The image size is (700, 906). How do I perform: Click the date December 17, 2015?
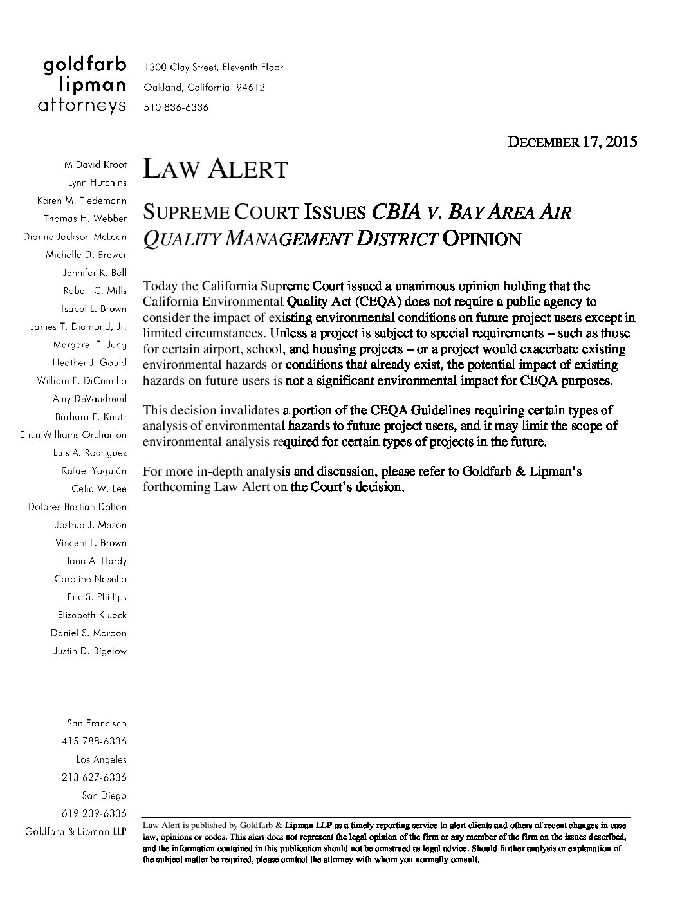pos(573,142)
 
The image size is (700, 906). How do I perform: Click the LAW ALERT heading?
pos(215,169)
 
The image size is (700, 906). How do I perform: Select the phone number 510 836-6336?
pos(176,107)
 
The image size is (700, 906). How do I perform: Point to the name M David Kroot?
pos(96,165)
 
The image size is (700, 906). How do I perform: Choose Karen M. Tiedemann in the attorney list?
pos(82,201)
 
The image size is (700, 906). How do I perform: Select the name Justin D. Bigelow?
pos(90,651)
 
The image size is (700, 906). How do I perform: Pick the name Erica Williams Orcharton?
pos(73,435)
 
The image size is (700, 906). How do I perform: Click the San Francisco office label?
pos(97,724)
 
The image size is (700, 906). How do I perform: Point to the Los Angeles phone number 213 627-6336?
pos(94,777)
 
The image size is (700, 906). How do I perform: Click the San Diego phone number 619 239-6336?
pos(94,813)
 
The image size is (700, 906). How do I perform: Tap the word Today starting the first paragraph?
pos(157,286)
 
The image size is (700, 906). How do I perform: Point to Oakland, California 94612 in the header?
pos(204,87)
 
